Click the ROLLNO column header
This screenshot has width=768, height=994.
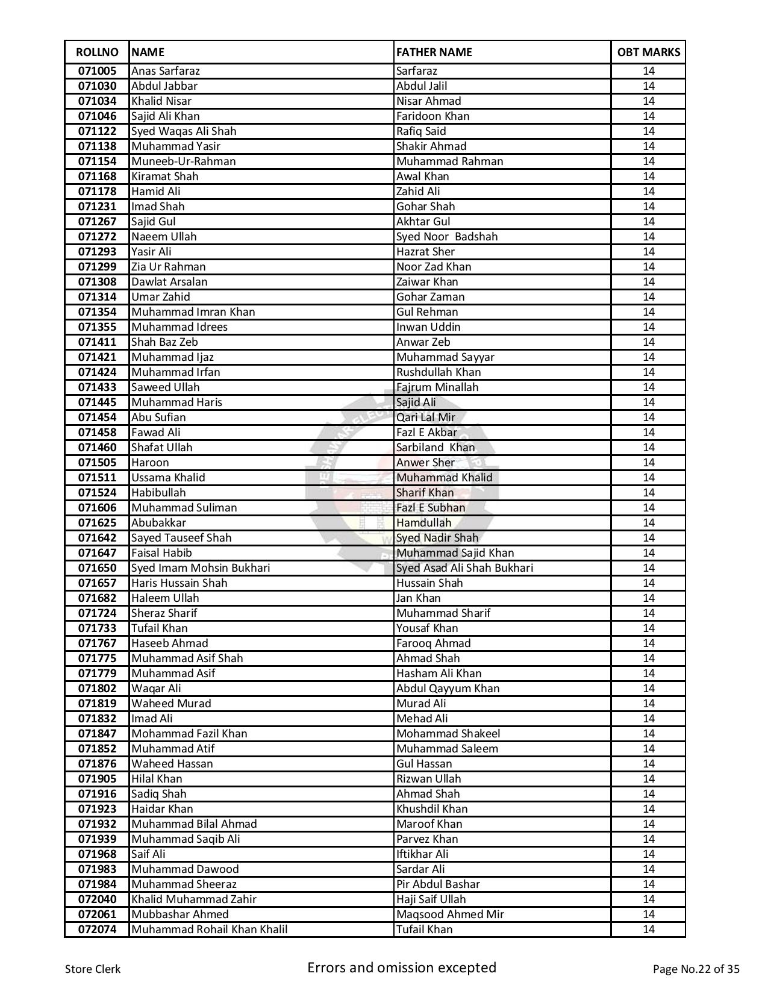tap(97, 52)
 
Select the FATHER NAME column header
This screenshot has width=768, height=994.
tap(434, 52)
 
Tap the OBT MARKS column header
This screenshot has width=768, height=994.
tap(648, 52)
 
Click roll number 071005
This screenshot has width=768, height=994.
tap(97, 71)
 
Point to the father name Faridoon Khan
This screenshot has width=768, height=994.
tap(432, 116)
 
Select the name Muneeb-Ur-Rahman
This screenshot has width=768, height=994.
tap(184, 161)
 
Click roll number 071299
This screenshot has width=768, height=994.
tap(97, 267)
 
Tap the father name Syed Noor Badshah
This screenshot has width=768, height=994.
tap(447, 237)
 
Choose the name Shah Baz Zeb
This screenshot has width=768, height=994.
tap(164, 342)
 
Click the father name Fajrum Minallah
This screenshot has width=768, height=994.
tap(437, 387)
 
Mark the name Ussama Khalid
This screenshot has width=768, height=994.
tap(168, 478)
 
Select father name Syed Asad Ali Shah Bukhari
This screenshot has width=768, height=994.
tap(464, 568)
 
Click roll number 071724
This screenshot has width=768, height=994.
tap(97, 613)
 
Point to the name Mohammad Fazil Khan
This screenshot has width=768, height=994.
tap(189, 734)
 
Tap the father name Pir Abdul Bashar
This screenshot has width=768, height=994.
tap(438, 884)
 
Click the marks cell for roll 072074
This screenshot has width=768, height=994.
tap(648, 930)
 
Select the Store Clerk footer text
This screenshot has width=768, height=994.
tap(93, 969)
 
